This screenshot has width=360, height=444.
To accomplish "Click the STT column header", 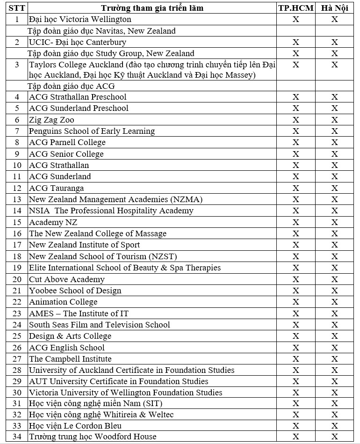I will point(17,8).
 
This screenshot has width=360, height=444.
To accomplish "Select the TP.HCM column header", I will point(295,8).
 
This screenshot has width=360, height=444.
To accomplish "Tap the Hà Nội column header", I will point(334,8).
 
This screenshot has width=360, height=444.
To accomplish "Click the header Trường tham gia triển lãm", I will point(152,8).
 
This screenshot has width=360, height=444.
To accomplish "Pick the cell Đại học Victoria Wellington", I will point(80,19).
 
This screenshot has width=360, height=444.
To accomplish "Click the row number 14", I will point(17,211).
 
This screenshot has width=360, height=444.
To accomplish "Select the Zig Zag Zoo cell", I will point(51,120).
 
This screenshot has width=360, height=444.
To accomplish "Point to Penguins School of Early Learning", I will point(92,131).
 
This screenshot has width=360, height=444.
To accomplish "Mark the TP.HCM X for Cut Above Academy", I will point(295,279).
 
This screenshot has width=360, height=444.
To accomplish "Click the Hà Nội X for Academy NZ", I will point(334,222).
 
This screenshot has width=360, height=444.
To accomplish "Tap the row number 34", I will point(17,437).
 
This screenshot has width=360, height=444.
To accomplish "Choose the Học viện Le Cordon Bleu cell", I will point(75,425).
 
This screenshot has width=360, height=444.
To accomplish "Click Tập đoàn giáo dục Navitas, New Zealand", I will point(101,31).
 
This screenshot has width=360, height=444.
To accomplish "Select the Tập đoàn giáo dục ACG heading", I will point(71,86).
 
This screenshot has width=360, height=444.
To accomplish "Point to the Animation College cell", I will point(63,302).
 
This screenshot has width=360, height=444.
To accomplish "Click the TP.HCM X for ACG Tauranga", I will point(295,188).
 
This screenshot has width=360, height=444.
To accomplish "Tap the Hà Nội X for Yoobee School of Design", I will point(334,291).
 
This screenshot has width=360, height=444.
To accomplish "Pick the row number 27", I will point(17,359).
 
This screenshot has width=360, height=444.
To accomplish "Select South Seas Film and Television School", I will point(99,325).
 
